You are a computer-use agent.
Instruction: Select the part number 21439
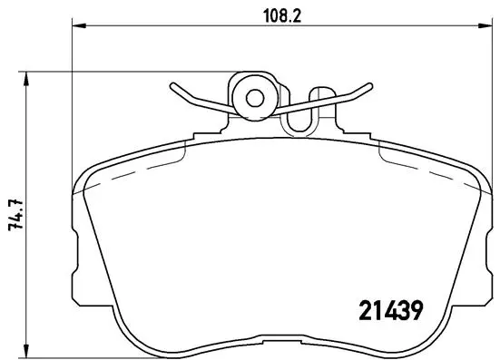[384, 310]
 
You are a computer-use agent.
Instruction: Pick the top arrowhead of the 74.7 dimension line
[28, 74]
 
